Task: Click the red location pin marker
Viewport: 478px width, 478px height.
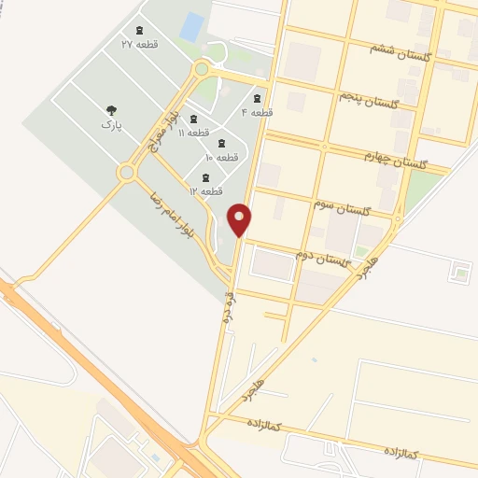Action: pos(240,219)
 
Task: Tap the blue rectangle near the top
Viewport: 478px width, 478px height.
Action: pos(191,27)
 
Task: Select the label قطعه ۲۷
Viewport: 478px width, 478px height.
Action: pos(139,44)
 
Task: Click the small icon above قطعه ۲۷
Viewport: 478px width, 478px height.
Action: pos(139,31)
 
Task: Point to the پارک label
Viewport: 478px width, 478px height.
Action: pos(112,122)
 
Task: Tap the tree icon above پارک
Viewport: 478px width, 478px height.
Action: pos(112,109)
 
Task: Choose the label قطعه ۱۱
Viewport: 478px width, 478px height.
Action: pos(193,133)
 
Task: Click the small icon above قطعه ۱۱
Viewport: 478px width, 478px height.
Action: pos(193,119)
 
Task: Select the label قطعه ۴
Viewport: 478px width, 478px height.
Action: pos(257,112)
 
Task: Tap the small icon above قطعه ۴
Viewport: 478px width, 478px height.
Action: pos(257,98)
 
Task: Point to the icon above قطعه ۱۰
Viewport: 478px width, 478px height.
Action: pos(221,143)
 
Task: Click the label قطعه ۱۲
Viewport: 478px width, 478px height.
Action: pos(204,190)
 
